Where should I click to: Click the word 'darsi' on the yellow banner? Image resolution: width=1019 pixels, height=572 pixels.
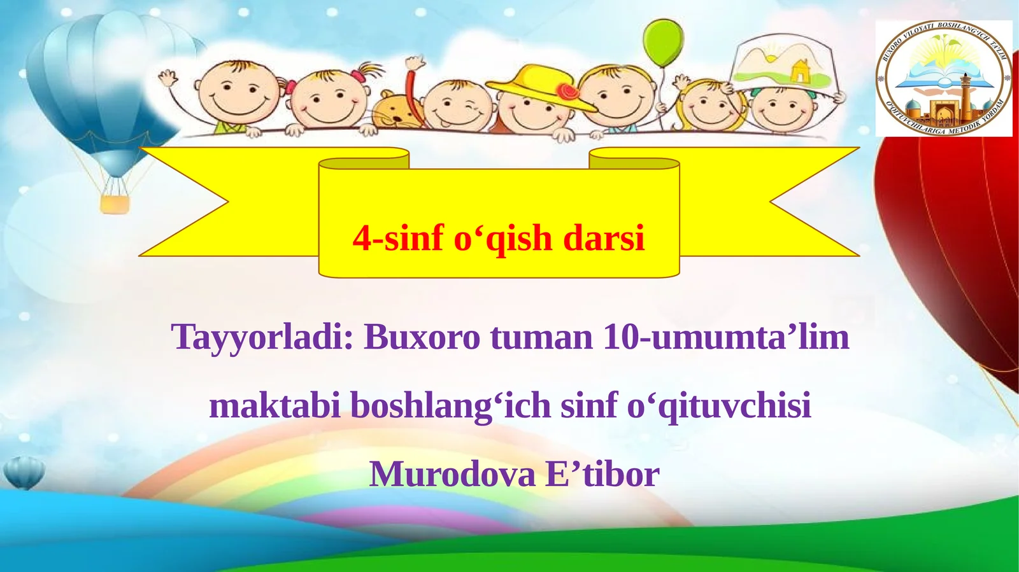click(604, 239)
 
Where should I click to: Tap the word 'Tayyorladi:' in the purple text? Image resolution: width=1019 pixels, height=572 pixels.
click(262, 338)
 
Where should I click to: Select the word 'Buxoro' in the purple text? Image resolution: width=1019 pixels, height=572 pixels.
click(422, 337)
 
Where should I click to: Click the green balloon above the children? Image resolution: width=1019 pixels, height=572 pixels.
click(663, 41)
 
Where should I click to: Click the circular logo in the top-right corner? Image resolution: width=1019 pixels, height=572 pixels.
click(944, 78)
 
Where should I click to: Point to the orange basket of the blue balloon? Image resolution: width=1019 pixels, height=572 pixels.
click(115, 204)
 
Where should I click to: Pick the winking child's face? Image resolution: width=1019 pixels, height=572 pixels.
click(458, 106)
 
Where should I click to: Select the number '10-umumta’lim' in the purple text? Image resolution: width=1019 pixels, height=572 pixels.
click(725, 337)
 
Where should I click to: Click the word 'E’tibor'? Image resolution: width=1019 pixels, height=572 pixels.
click(602, 474)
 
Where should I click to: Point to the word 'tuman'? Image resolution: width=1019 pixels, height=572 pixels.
click(541, 337)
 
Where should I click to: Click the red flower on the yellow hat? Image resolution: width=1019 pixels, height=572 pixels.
click(567, 92)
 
